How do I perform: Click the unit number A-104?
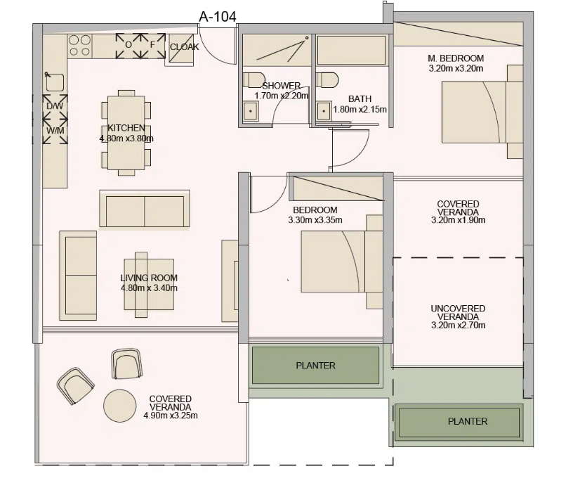218,16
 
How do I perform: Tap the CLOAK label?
185,47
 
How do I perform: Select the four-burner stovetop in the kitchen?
79,46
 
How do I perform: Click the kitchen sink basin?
55,82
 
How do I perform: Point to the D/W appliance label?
55,106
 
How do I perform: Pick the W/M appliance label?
55,131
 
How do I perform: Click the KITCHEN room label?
126,128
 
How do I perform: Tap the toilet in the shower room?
254,79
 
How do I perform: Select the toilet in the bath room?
327,79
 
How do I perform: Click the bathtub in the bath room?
351,50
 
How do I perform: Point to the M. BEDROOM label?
456,58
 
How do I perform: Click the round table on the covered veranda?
120,406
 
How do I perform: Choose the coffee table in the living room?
149,284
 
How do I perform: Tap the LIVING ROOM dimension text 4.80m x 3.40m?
149,288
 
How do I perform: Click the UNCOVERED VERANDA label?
458,312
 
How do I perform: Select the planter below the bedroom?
316,366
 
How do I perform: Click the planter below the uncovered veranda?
459,422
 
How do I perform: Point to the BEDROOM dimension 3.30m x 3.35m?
315,220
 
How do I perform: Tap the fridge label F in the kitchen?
153,44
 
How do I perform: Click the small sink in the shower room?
251,110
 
